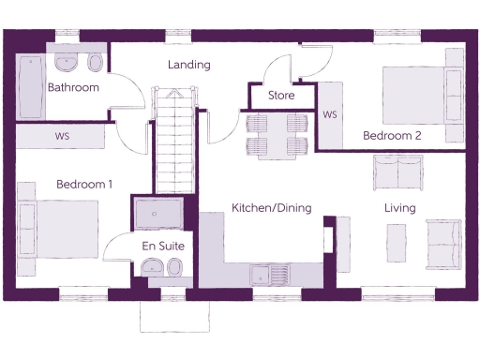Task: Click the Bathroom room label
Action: (73, 88)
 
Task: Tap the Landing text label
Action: (188, 65)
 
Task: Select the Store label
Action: (281, 96)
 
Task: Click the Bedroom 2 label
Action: (392, 136)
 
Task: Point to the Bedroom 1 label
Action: (84, 185)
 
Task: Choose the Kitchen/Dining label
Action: (272, 208)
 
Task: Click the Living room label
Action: (399, 208)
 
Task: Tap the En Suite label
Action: (163, 246)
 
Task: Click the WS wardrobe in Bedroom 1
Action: (62, 137)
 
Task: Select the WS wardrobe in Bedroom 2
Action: (330, 114)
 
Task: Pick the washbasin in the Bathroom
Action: (67, 63)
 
